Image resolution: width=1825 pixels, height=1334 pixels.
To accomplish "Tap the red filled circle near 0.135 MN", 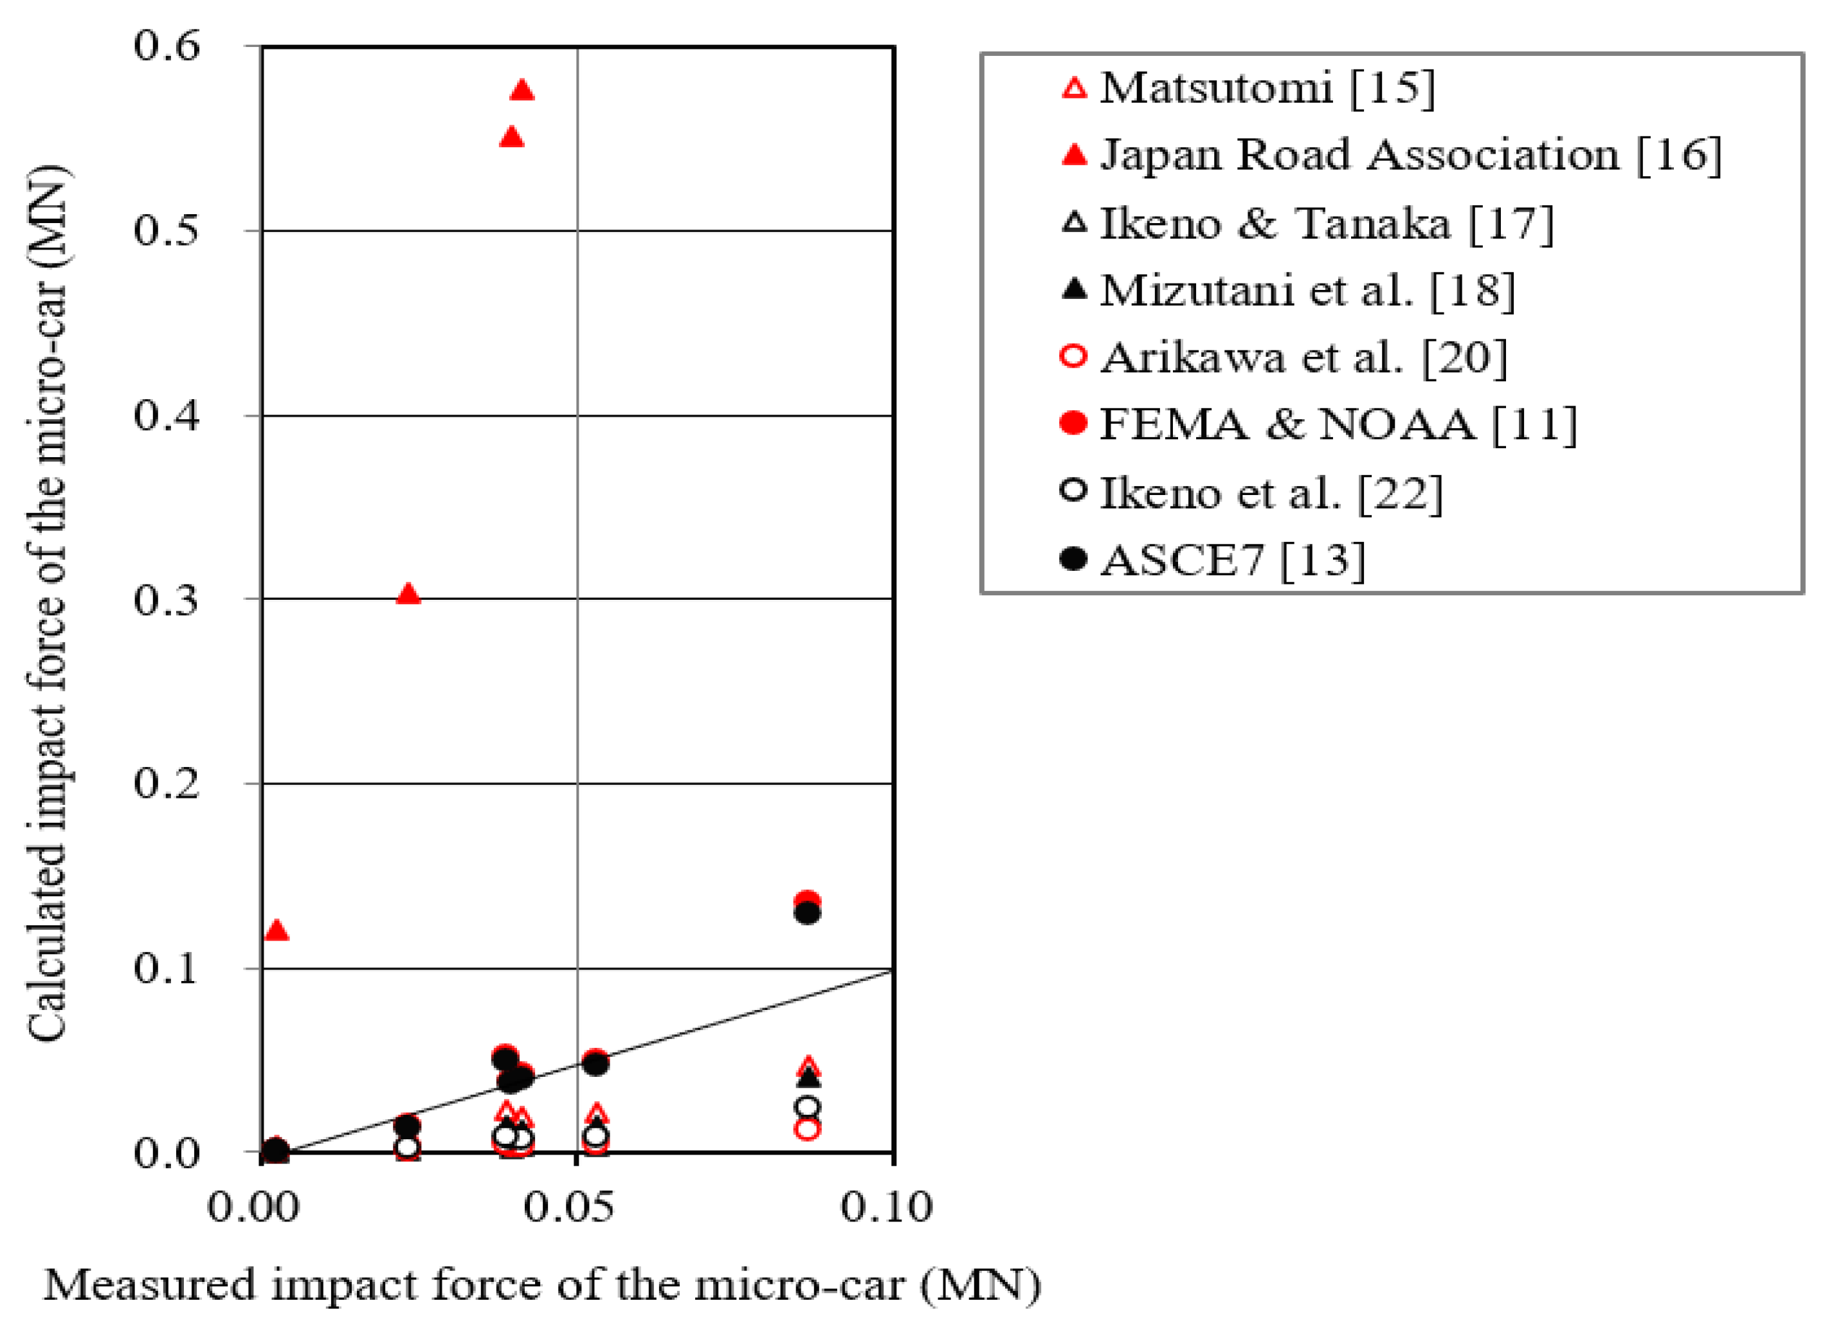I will [808, 901].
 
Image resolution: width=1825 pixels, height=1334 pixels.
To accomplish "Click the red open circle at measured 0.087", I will [808, 1128].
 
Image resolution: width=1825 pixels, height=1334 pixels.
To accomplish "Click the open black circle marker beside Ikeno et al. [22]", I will [1074, 491].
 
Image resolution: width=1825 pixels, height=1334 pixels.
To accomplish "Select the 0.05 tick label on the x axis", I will [568, 1208].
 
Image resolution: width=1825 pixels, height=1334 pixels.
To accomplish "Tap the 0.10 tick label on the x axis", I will [886, 1208].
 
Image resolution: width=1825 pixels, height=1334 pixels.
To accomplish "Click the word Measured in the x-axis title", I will [149, 1284].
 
